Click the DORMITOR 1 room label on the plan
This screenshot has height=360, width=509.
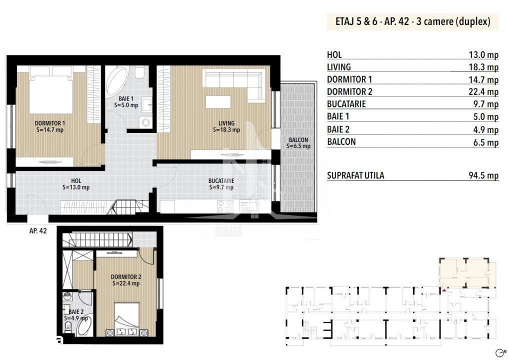49,123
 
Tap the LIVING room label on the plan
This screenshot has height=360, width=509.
226,123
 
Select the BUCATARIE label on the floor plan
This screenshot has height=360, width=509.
221,181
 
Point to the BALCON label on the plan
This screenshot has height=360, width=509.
298,140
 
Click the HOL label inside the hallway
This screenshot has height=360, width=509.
76,181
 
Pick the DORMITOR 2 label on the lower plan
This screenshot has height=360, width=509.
126,277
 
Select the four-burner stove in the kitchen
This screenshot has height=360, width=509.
225,206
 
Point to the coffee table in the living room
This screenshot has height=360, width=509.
218,102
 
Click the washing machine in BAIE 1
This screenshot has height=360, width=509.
146,122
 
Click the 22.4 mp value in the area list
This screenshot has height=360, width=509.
483,92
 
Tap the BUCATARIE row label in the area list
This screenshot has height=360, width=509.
346,104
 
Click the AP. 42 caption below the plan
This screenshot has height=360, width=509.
38,231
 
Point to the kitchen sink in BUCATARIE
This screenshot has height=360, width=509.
248,206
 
